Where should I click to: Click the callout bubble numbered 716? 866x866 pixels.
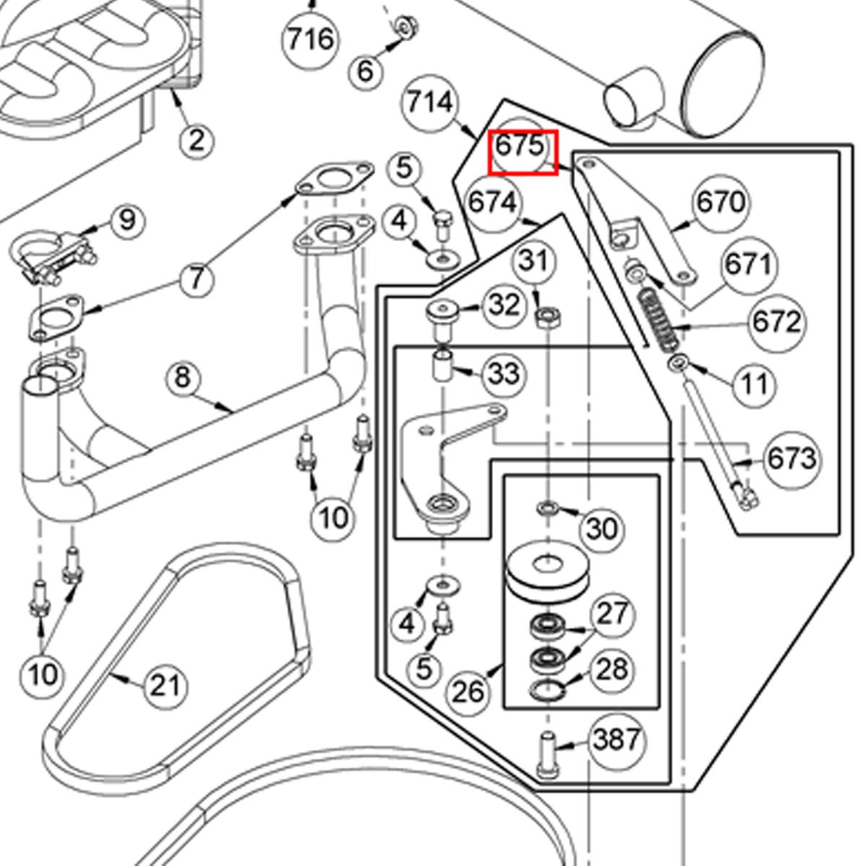[x=310, y=39]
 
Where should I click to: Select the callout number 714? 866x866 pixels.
[x=430, y=102]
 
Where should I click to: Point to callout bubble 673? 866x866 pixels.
[x=792, y=458]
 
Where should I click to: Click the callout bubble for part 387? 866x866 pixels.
[x=616, y=740]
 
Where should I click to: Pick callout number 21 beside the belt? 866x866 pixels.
[x=164, y=685]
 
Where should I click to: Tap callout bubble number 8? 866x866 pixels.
[x=183, y=377]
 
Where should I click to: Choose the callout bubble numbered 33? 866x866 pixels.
[x=504, y=374]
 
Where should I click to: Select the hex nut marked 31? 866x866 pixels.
[x=546, y=315]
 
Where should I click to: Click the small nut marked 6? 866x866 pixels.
[x=404, y=27]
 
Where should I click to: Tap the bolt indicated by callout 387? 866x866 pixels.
[x=546, y=754]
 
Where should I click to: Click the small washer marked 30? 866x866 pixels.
[x=546, y=509]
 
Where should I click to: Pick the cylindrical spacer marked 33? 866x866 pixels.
[x=442, y=365]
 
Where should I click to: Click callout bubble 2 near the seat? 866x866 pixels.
[x=196, y=140]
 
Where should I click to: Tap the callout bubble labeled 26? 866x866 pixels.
[x=468, y=692]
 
